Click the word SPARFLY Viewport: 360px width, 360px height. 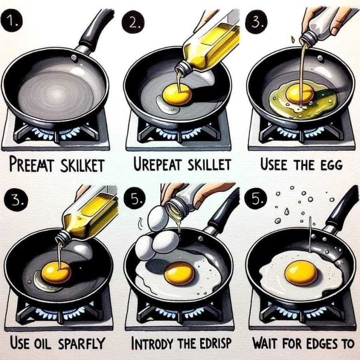coord(82,343)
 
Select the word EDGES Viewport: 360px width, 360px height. coord(320,343)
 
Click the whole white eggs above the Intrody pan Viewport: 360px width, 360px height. coord(156,236)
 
